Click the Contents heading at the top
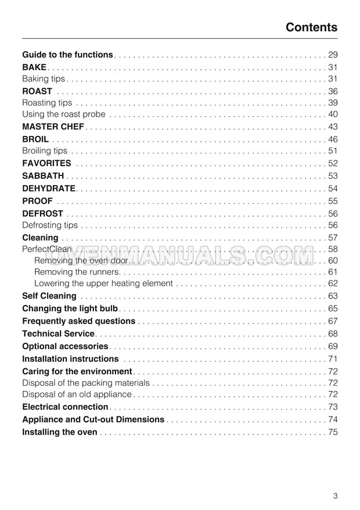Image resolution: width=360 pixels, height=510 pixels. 311,27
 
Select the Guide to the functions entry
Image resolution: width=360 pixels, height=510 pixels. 67,55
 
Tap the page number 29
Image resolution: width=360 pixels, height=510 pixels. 333,55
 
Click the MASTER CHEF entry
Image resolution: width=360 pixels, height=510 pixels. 53,127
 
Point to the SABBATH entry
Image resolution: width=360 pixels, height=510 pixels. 43,176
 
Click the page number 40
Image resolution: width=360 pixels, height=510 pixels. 333,114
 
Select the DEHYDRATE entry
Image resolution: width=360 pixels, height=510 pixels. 49,188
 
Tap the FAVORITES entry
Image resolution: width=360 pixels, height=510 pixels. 46,164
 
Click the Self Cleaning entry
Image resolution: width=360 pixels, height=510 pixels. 49,296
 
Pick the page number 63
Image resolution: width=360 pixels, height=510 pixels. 333,296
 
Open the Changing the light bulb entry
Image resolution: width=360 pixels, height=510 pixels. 70,308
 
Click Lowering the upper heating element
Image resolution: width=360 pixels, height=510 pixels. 103,283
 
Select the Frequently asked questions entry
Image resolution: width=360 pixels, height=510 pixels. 78,321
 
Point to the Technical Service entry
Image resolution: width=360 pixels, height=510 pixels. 58,333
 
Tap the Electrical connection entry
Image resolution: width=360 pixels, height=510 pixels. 65,407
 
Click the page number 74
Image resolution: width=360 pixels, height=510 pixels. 333,419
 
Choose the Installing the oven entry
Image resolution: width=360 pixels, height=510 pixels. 59,432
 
